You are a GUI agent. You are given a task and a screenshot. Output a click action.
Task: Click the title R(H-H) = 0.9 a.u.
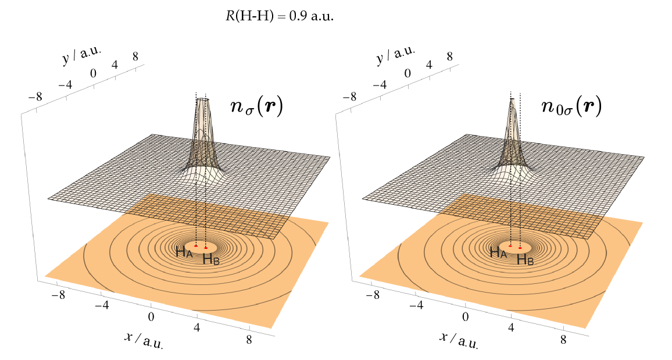tap(280, 17)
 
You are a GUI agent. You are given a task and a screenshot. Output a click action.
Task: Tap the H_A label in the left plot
tap(184, 252)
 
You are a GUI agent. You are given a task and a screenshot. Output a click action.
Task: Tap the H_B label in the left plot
tap(211, 259)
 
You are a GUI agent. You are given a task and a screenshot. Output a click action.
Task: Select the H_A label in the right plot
tap(498, 252)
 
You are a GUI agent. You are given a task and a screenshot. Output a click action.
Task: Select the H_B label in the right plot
tap(525, 259)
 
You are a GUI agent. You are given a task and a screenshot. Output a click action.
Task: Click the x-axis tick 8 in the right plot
tap(563, 340)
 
